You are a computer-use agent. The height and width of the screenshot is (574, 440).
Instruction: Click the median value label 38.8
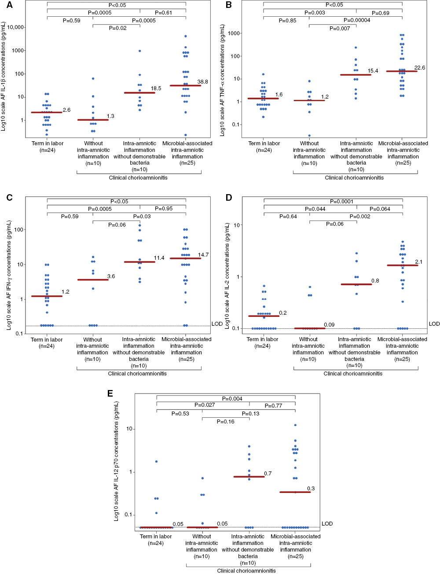tap(202, 82)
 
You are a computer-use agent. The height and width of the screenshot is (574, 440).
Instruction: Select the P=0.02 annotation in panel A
tap(117, 28)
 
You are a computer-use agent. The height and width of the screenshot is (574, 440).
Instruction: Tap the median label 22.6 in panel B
tap(419, 68)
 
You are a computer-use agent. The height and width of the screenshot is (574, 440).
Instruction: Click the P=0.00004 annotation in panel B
tap(357, 20)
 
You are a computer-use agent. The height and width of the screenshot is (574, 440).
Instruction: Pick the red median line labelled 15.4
tap(356, 75)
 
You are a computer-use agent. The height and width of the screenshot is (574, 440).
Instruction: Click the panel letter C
tap(10, 198)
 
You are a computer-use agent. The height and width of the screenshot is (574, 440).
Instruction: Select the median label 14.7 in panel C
tap(203, 255)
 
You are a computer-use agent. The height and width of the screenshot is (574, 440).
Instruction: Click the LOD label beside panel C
tap(217, 324)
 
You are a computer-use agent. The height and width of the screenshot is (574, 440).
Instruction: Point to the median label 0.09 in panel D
tap(329, 325)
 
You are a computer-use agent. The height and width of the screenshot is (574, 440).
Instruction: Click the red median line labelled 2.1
tap(402, 265)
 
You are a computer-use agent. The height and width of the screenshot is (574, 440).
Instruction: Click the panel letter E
tap(110, 393)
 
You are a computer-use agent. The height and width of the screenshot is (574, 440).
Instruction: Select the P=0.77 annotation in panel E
tap(273, 406)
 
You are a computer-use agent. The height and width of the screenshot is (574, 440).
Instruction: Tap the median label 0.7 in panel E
tap(268, 474)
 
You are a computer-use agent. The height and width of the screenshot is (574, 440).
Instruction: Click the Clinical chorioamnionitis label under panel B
tap(354, 178)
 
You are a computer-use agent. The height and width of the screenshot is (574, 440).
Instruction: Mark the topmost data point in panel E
tap(295, 425)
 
